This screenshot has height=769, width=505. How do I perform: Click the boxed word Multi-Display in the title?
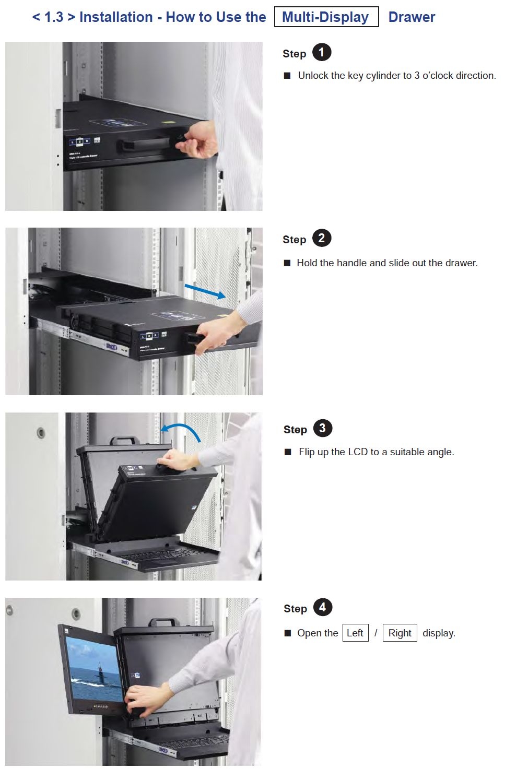click(326, 17)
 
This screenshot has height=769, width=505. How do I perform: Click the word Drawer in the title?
click(412, 17)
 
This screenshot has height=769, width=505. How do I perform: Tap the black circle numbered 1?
click(322, 52)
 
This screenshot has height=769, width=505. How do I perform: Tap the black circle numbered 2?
click(322, 238)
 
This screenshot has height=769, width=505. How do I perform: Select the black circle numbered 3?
click(322, 428)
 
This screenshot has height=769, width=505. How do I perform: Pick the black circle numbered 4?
click(322, 607)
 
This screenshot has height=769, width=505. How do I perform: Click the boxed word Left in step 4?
click(355, 633)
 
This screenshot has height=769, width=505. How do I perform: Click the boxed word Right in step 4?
click(400, 633)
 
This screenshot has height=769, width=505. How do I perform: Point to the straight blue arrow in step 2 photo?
click(205, 291)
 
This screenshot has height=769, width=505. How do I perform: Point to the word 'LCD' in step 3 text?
click(358, 452)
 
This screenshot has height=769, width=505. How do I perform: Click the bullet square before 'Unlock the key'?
click(287, 76)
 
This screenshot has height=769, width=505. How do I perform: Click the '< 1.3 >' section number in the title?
click(54, 17)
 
